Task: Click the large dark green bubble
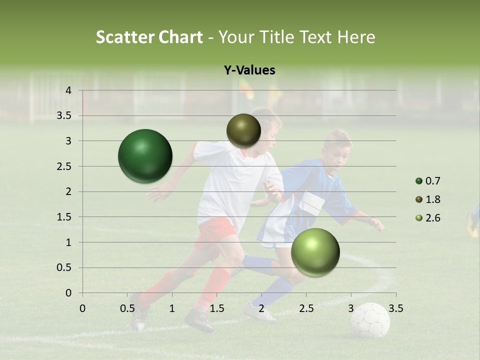click(145, 156)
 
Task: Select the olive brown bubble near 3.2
click(243, 130)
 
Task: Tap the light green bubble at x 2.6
click(315, 252)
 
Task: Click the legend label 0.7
click(433, 181)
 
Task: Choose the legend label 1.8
click(433, 199)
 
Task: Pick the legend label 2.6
click(433, 218)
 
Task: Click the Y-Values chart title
click(249, 70)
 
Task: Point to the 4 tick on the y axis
click(68, 90)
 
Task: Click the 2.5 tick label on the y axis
click(64, 166)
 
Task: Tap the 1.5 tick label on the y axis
click(64, 217)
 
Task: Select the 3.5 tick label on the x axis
click(395, 308)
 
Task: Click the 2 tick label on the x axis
click(261, 308)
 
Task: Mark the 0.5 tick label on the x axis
click(127, 308)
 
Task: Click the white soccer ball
click(370, 320)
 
